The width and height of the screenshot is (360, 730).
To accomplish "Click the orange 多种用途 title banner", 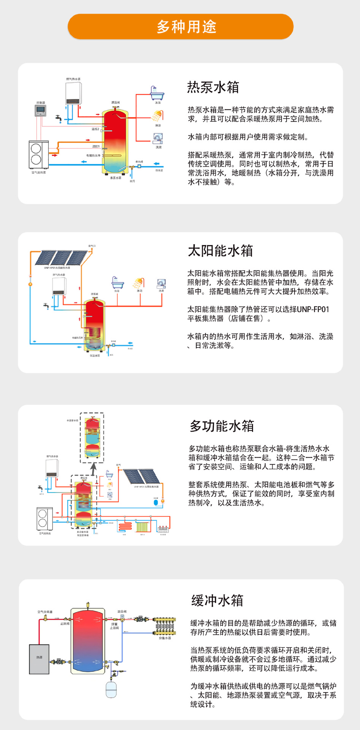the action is (180, 27).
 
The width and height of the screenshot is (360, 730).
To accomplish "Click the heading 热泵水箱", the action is (213, 87).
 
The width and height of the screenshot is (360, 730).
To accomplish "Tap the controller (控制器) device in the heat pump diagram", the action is (40, 111).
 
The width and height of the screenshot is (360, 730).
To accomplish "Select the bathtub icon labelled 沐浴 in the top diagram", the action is (157, 93).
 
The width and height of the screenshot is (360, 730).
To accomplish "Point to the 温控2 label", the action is (95, 129).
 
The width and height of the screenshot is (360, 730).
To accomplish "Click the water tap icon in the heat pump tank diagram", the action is (59, 119).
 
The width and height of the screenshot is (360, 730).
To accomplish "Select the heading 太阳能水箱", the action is (220, 251).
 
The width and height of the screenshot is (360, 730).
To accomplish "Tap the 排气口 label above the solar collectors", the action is (92, 246).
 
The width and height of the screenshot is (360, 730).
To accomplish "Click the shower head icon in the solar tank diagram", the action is (139, 283).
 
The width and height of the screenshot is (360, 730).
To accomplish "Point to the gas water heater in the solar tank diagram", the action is (59, 286).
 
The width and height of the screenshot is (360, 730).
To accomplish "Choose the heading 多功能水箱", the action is (222, 426).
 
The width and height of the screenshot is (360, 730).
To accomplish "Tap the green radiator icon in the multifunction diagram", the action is (142, 527).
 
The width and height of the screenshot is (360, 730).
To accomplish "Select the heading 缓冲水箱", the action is (217, 601).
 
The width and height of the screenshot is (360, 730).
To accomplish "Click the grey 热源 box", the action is (39, 659).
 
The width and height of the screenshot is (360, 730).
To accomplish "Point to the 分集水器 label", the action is (165, 638).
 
